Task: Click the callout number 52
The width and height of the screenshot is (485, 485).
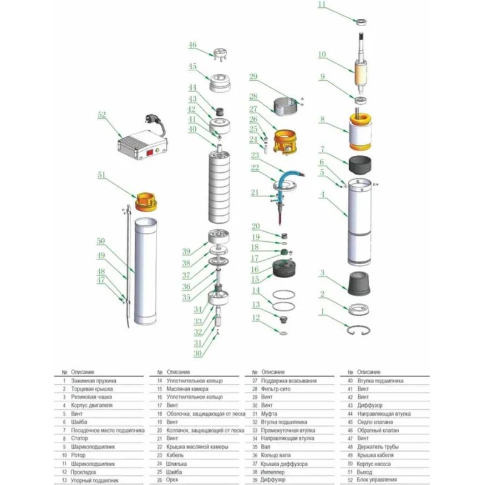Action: click(101, 114)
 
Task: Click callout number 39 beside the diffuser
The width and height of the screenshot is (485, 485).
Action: click(187, 251)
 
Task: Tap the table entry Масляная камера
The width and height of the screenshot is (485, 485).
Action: click(186, 389)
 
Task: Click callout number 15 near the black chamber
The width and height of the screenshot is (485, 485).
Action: click(255, 279)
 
